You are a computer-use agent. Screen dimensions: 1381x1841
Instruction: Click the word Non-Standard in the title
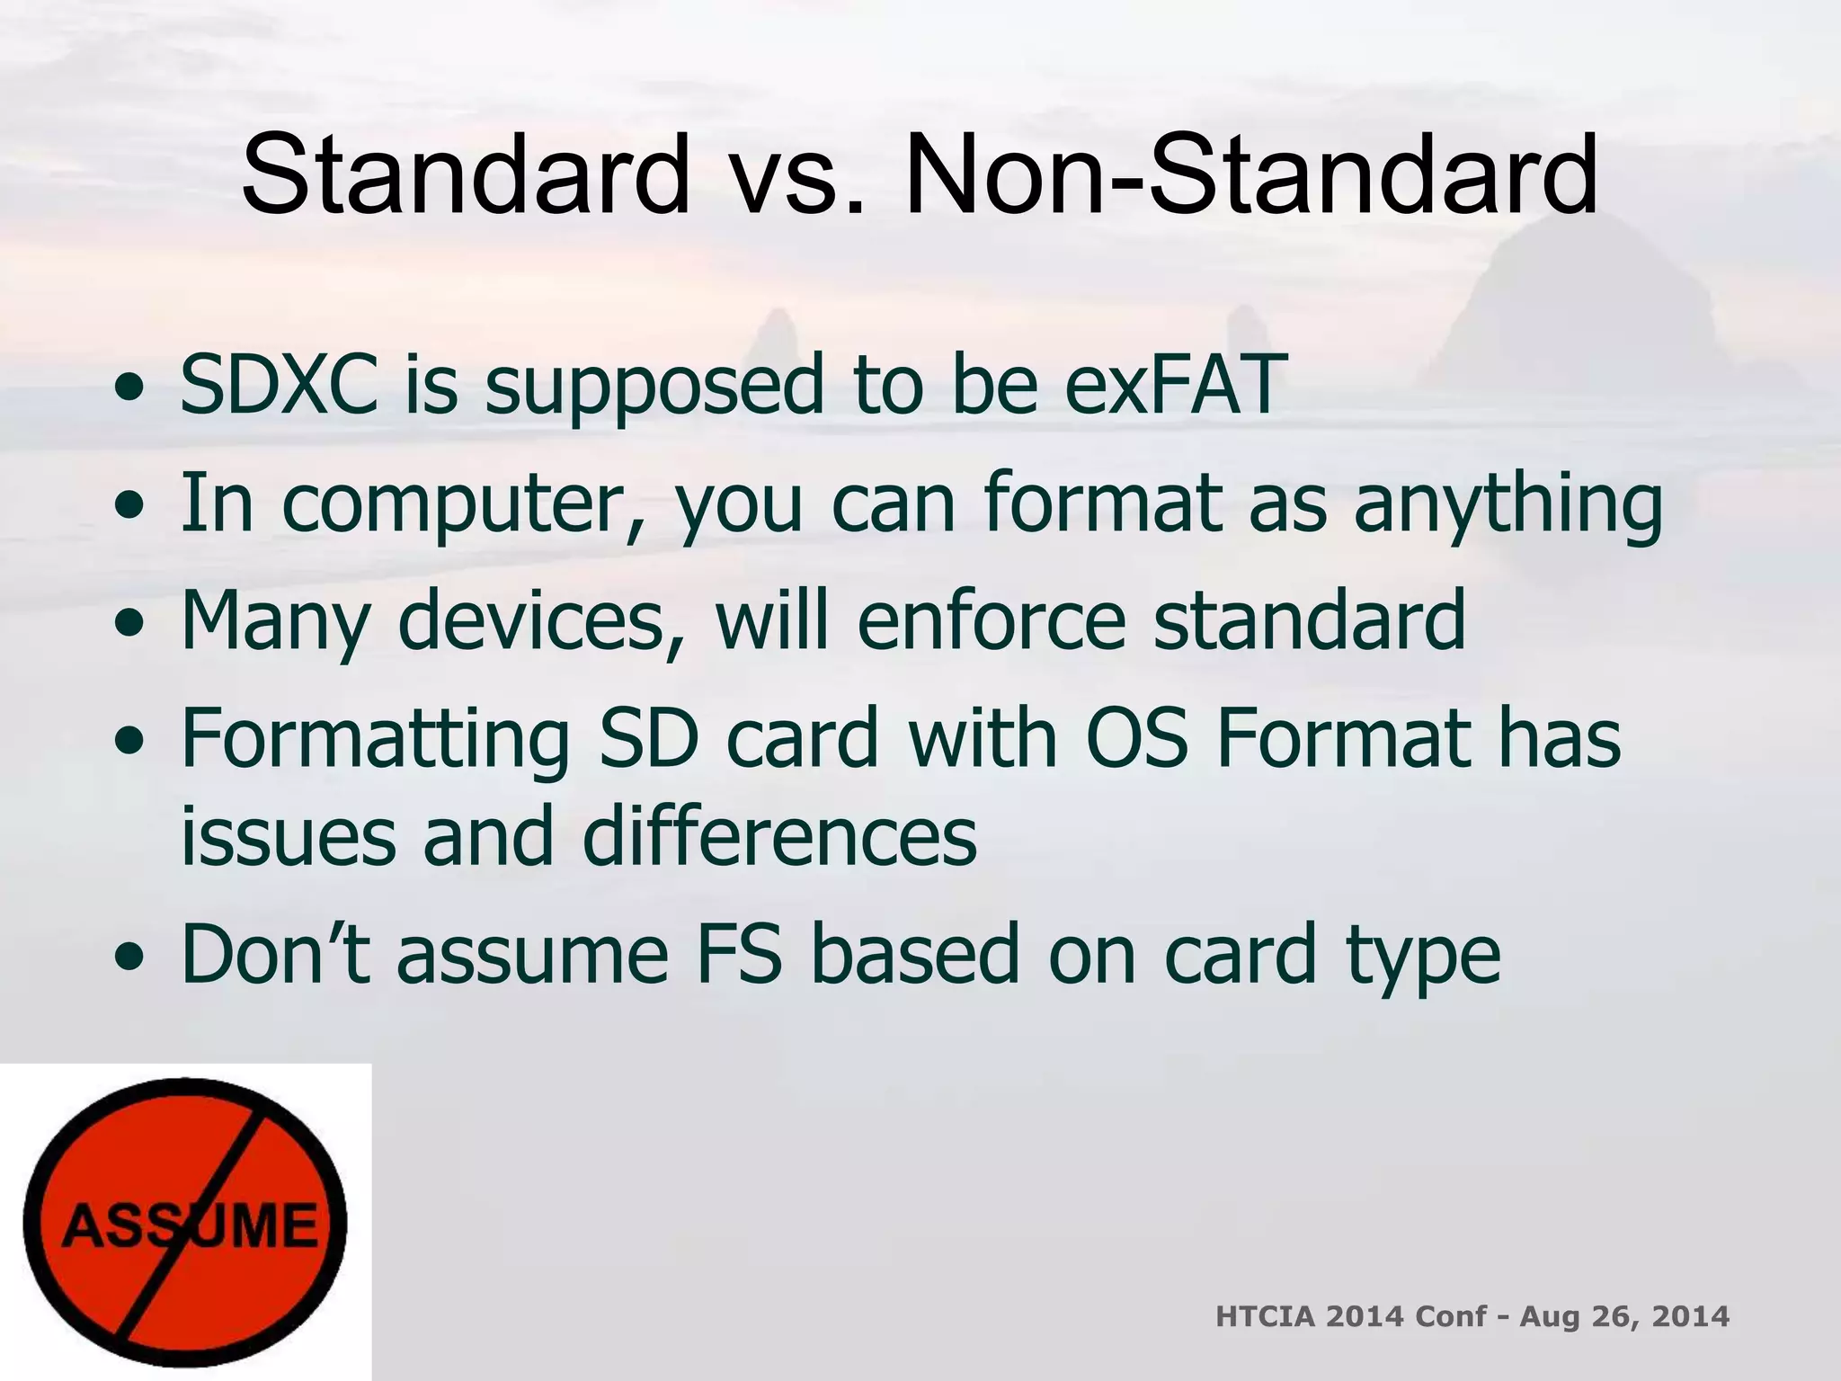click(1251, 175)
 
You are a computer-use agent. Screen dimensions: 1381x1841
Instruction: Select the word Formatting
click(375, 739)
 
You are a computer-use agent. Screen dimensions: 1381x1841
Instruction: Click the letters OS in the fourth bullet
click(1136, 739)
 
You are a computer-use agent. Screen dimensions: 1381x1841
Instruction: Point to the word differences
click(779, 836)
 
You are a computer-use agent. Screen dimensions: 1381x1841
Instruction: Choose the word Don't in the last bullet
click(275, 955)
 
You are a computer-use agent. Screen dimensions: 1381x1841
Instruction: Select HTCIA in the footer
click(1264, 1317)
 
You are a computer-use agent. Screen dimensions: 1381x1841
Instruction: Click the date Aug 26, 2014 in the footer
click(1624, 1317)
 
